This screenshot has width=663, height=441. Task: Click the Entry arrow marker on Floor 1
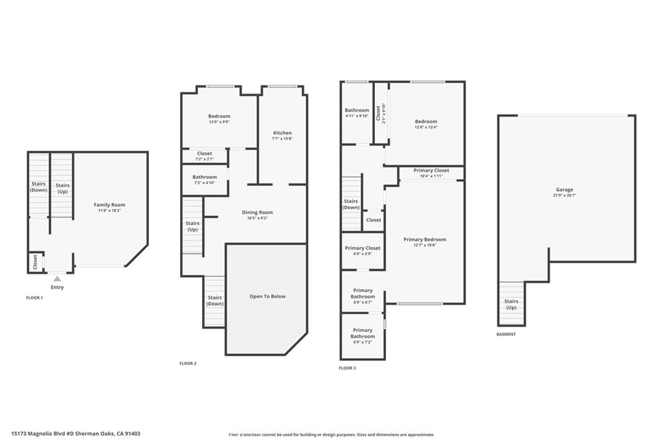coord(57,279)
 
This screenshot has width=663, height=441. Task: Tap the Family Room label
coord(109,205)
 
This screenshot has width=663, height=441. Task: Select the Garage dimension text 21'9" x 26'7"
coord(565,195)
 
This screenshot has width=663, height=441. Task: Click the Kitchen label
coord(282,133)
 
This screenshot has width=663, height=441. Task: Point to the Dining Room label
coord(257,213)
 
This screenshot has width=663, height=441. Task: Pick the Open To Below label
coord(267,297)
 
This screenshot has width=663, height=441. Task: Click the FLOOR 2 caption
coord(188,363)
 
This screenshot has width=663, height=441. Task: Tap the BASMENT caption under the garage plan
coord(506,334)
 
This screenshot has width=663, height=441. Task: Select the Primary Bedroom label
coord(425,239)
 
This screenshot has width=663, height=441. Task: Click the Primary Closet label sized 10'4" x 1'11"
coord(431,170)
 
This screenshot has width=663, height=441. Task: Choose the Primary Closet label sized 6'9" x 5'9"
coord(363,248)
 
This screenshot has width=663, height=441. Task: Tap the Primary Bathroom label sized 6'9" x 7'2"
coord(363,333)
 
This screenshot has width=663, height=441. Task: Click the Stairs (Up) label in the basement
coord(511,304)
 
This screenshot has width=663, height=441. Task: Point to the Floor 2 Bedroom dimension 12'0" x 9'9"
coord(219,122)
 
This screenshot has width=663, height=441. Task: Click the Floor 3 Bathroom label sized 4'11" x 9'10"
coord(357,110)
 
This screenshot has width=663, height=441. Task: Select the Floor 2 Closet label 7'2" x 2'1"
coord(205,154)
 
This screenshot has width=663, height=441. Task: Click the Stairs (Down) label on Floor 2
coord(215,301)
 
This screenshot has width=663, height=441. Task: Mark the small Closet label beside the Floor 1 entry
coord(35,262)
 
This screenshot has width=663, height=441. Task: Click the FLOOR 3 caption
coord(347,368)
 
